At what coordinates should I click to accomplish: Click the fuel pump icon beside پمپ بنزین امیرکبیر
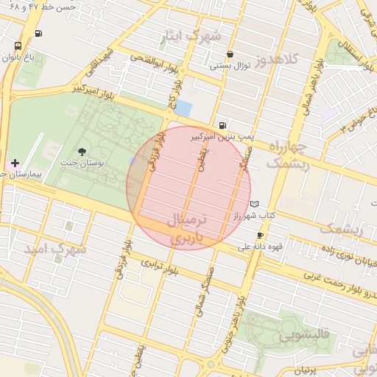(x=222, y=125)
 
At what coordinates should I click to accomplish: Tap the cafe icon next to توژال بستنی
(x=231, y=54)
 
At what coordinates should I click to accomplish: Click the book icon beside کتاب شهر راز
(x=255, y=203)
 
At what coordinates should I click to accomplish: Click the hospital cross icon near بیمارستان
(x=15, y=162)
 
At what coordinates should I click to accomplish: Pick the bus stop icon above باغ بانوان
(x=18, y=46)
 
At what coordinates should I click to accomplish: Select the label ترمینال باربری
(x=189, y=228)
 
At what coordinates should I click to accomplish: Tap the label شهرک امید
(x=55, y=249)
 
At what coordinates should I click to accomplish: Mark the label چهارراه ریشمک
(x=287, y=156)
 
